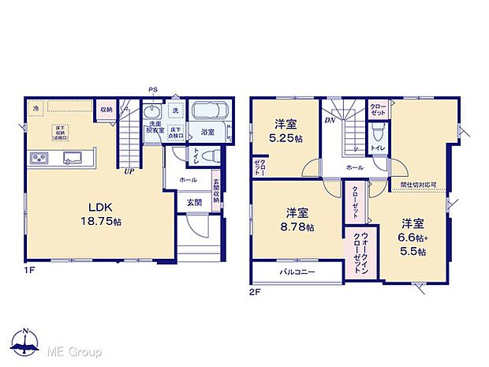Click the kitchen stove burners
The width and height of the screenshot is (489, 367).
click(39, 159)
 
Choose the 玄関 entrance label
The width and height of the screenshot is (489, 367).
click(194, 201)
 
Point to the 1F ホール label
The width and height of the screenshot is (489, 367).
click(188, 181)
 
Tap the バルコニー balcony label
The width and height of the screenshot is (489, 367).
click(297, 272)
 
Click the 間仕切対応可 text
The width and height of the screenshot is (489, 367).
click(420, 186)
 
